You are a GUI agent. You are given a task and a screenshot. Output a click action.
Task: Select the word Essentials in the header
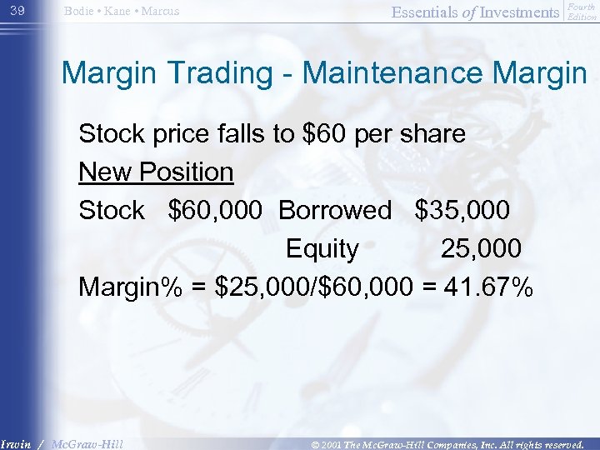pos(436,12)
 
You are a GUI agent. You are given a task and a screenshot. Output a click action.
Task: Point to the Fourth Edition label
pos(581,12)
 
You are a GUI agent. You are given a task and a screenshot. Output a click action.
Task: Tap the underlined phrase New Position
pos(156,172)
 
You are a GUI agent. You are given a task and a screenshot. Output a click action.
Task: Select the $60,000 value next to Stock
pos(218,211)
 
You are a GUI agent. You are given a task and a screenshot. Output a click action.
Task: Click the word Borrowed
pos(334,211)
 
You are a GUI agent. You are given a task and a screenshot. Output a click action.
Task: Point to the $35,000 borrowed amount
pos(462,211)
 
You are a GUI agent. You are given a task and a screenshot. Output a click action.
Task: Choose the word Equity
pos(322,249)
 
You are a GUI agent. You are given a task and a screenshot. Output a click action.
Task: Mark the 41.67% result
pos(487,287)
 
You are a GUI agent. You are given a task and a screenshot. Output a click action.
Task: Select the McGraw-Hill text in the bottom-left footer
pos(87,443)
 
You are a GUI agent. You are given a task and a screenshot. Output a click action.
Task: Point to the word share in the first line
pos(431,134)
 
